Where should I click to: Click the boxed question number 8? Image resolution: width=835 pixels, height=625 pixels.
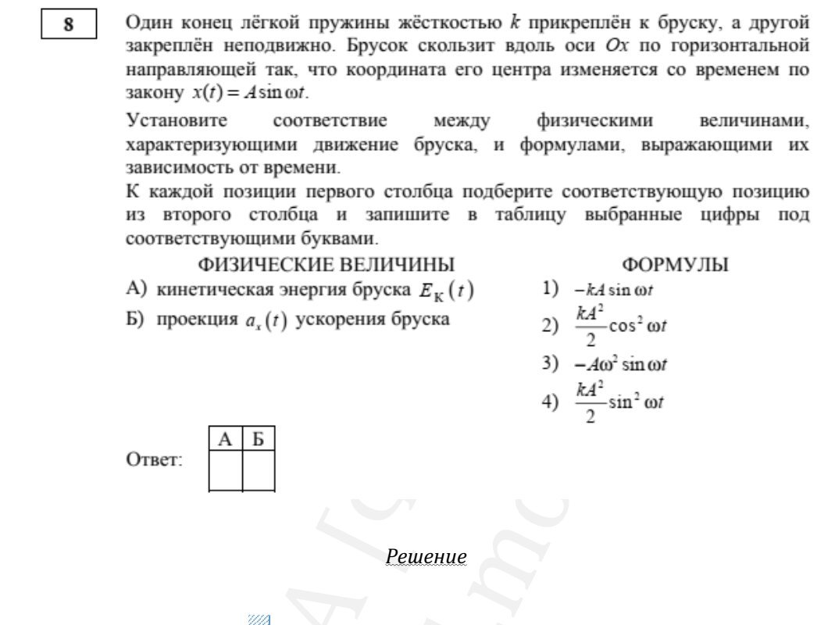coord(69,25)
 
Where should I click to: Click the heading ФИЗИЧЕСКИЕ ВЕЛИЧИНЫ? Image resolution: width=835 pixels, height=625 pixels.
coord(327,265)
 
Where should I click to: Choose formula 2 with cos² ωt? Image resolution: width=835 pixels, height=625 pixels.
coord(621,325)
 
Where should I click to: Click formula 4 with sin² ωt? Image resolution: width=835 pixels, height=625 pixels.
coord(620,402)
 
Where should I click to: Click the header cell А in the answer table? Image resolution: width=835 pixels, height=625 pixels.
coord(226,439)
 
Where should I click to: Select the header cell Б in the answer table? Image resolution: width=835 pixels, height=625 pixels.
coord(259,439)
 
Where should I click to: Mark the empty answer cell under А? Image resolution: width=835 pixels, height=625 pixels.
coord(226,470)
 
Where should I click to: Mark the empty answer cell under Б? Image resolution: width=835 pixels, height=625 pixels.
coord(259,470)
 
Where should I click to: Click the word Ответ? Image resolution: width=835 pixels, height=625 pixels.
coord(154,460)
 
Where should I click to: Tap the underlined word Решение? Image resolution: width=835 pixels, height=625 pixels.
coord(426,556)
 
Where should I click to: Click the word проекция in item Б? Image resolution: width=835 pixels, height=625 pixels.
coord(196,320)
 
